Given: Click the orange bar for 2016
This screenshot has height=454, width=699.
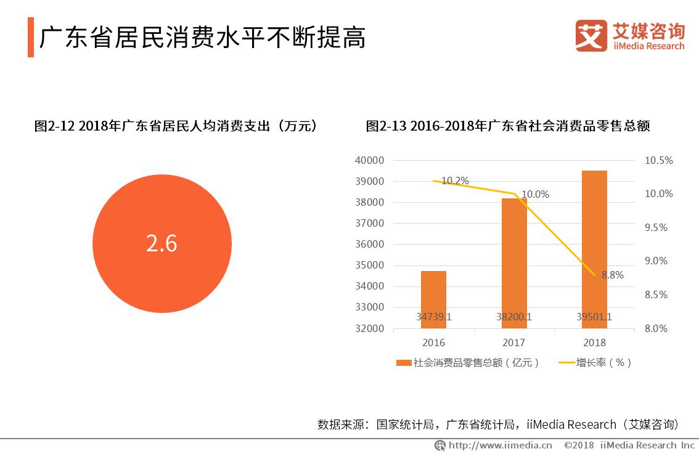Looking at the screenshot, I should [x=434, y=299].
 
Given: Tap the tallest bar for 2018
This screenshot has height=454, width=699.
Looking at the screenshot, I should [x=594, y=249].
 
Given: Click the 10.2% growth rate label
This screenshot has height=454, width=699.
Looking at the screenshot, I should [x=455, y=180].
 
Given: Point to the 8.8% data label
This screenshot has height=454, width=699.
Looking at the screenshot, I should [x=612, y=275].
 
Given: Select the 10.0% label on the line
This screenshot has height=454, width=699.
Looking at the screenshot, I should [x=535, y=194].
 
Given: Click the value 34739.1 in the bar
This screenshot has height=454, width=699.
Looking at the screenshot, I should [x=434, y=317].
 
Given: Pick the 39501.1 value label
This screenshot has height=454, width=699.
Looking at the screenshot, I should [x=594, y=317].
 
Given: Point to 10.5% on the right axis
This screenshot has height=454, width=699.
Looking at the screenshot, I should [x=659, y=160].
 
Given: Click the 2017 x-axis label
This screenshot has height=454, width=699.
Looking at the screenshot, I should [x=514, y=343].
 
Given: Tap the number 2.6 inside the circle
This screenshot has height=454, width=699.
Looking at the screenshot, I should [x=161, y=243].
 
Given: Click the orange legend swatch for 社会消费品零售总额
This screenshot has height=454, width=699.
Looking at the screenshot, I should [x=404, y=363].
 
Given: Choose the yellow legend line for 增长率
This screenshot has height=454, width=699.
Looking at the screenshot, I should [x=566, y=363].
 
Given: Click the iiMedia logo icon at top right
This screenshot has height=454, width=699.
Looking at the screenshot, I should [x=591, y=36].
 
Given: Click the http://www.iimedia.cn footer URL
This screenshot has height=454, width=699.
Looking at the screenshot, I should [x=499, y=445].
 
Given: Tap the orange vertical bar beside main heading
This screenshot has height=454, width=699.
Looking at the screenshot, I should [x=30, y=37].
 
